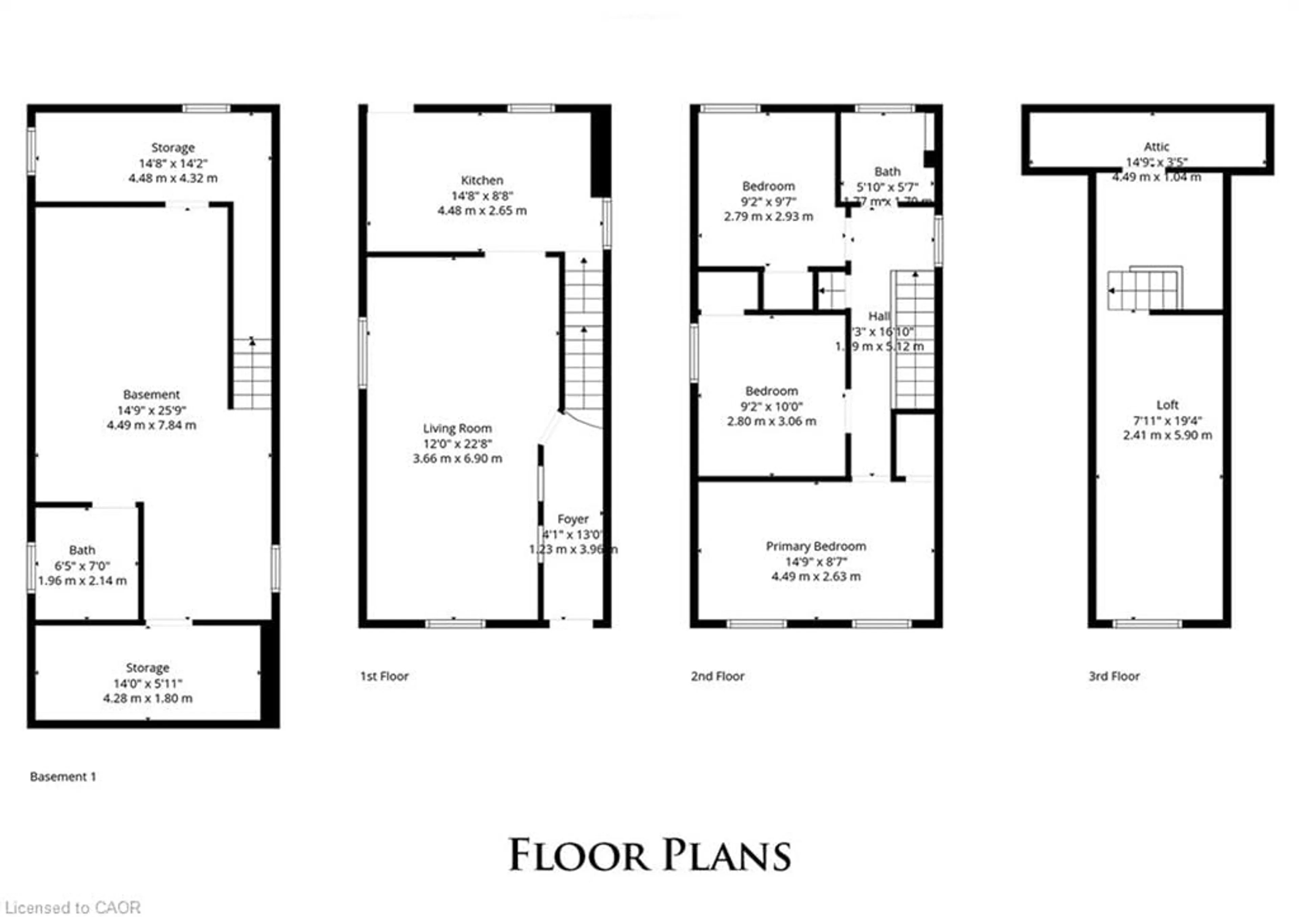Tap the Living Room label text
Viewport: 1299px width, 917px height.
457,428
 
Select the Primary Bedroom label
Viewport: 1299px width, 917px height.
815,546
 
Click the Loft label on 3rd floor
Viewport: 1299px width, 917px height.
1167,405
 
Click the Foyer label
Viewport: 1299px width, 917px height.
573,519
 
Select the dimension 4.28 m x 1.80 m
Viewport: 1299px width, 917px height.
148,698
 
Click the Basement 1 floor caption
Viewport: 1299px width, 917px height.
63,777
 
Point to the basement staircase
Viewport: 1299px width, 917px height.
252,373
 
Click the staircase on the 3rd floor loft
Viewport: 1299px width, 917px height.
1143,290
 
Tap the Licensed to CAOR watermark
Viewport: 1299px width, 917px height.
72,908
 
